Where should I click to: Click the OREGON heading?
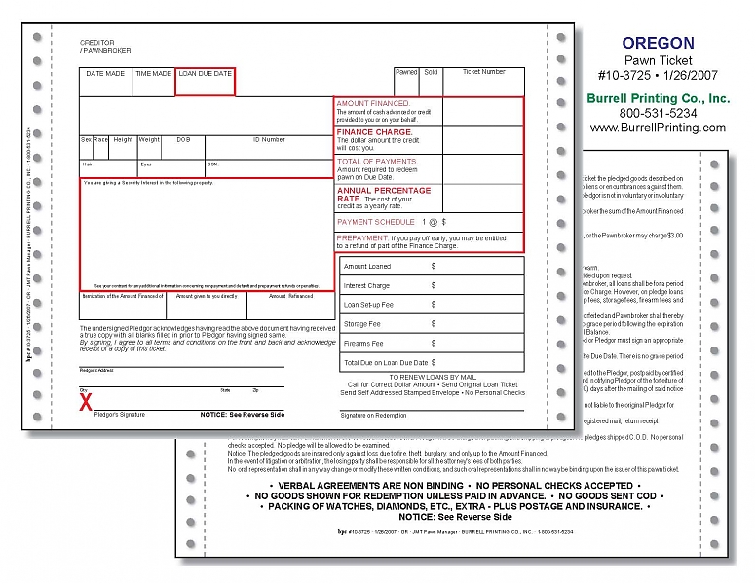658,43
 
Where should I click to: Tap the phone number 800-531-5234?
658,113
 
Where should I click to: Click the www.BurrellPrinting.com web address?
658,128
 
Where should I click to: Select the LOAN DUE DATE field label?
205,74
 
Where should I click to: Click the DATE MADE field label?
105,74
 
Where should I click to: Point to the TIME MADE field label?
154,74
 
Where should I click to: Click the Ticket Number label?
483,72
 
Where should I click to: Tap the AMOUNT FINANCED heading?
373,103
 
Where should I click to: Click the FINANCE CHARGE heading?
374,131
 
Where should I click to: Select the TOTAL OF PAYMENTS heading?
377,161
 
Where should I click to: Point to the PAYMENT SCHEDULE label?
375,222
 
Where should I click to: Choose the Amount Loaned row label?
367,266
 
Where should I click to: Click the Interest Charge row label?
366,286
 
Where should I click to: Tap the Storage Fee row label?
361,324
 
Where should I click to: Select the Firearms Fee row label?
362,343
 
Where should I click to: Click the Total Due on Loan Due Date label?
386,362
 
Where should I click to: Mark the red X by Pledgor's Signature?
86,402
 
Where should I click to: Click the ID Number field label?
269,140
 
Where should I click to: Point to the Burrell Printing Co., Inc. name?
658,98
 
